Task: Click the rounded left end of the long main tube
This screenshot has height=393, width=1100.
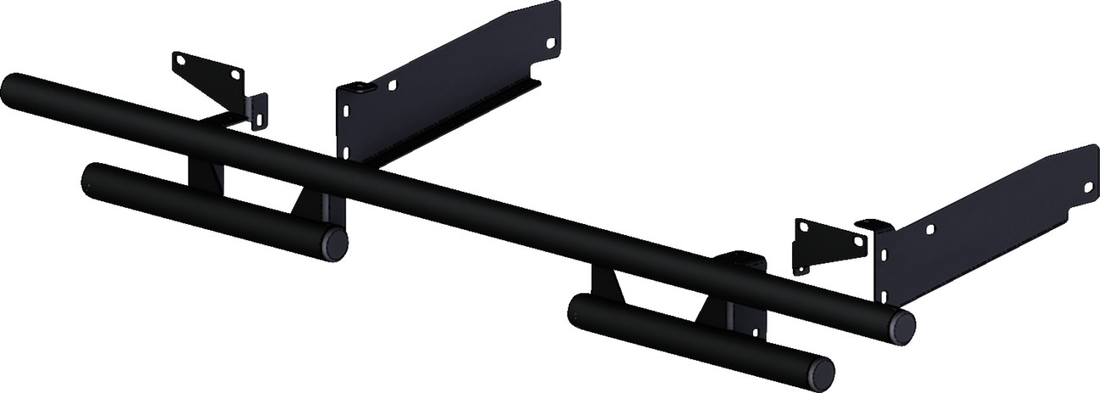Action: [x=14, y=86]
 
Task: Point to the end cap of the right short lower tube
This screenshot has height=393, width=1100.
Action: [x=821, y=370]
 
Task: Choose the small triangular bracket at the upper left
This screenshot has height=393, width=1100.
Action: [x=212, y=80]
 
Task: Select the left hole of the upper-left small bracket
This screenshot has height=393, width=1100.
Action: [x=179, y=60]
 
